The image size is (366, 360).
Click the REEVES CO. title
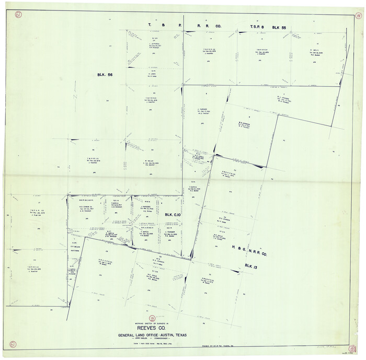pyautogui.click(x=152, y=328)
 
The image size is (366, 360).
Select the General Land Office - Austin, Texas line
pyautogui.click(x=152, y=335)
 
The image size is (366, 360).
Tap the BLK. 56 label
pyautogui.click(x=105, y=75)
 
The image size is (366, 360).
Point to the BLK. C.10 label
pyautogui.click(x=173, y=215)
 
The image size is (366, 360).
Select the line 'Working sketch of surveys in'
pyautogui.click(x=152, y=323)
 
